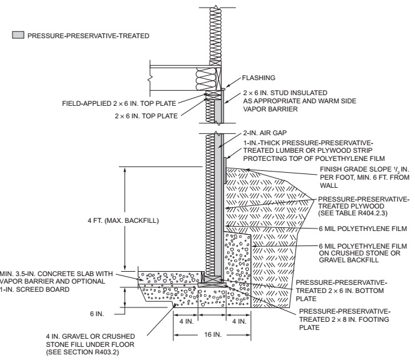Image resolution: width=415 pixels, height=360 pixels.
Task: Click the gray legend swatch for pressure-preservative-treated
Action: coord(16,36)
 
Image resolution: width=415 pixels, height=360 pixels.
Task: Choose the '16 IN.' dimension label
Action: coord(215,336)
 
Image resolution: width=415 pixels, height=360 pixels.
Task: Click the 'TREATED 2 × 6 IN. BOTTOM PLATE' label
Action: coord(342,291)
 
